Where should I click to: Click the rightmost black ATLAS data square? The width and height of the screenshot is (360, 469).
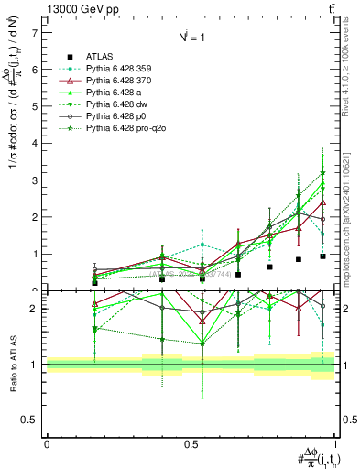322,256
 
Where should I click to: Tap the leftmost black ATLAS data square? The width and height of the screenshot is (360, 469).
94,283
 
